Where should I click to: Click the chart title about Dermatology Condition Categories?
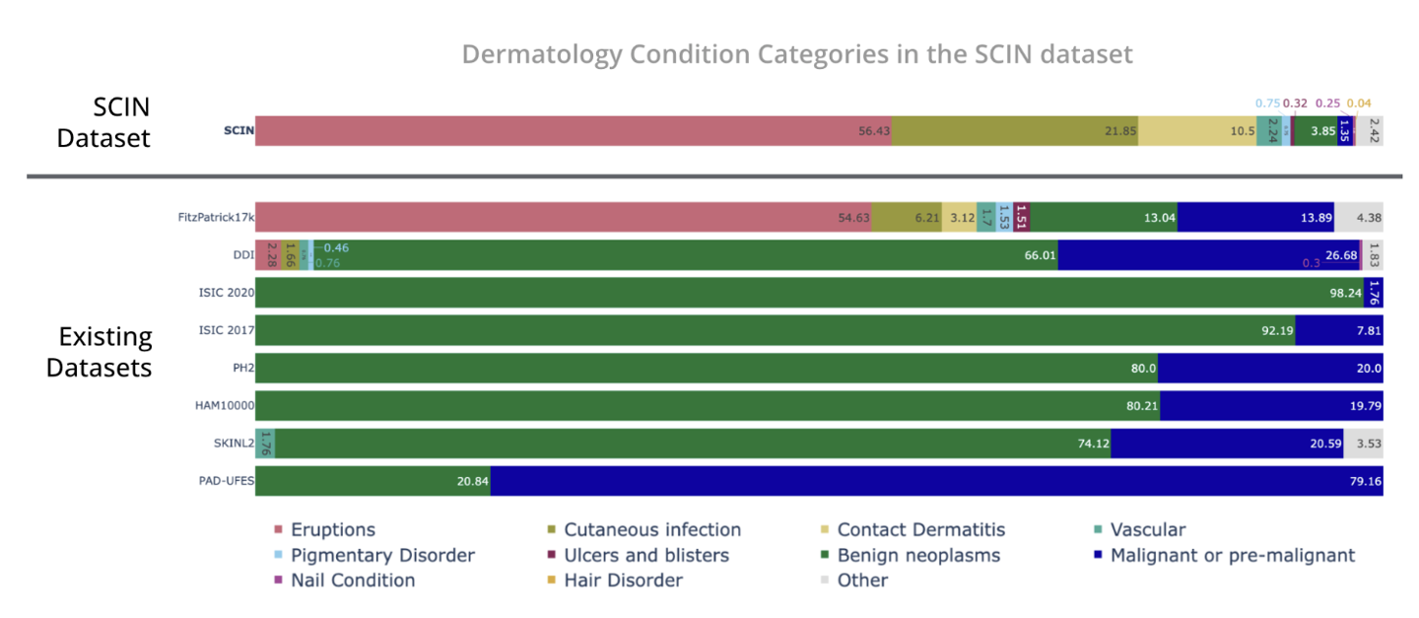[x=797, y=53]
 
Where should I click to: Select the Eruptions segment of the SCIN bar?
[x=573, y=131]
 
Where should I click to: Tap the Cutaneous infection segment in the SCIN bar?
[x=1015, y=131]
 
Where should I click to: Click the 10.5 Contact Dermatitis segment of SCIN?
[x=1197, y=131]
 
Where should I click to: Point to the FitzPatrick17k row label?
[x=211, y=217]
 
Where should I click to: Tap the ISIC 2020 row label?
[x=226, y=293]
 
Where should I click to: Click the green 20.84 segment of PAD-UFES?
[x=372, y=482]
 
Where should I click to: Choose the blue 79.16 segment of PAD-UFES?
[x=936, y=482]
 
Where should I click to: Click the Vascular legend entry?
[x=1147, y=530]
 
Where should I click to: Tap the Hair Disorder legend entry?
[x=623, y=581]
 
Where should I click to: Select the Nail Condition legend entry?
[x=352, y=581]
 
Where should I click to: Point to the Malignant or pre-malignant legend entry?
[x=1232, y=555]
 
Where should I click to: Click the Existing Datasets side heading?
[x=104, y=352]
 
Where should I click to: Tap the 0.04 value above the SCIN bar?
[x=1359, y=103]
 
